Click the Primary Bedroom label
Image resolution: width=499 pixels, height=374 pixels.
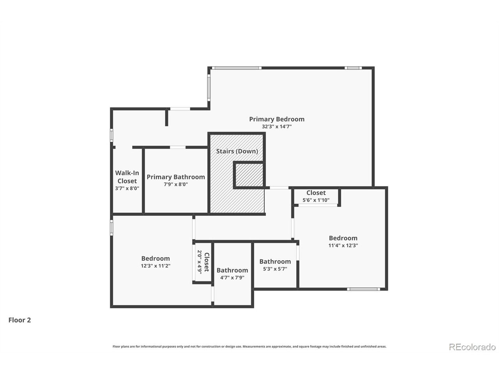click(276, 119)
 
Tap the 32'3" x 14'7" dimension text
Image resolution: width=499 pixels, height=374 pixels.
click(276, 127)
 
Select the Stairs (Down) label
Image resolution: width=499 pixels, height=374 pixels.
click(237, 151)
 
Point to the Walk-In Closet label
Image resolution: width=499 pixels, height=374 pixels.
click(127, 177)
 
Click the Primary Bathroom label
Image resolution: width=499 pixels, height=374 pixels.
click(175, 177)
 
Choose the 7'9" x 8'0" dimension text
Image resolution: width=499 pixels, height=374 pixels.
click(175, 184)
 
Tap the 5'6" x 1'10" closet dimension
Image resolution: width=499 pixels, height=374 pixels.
click(316, 200)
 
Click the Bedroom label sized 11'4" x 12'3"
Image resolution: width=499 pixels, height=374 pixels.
click(343, 238)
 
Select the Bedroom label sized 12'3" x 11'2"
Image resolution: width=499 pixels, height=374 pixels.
click(155, 258)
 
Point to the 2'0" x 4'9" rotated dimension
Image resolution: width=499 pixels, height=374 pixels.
click(199, 262)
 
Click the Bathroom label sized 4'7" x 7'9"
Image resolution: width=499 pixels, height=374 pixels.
click(232, 270)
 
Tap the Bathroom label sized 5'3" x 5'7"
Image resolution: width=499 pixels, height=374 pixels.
click(275, 261)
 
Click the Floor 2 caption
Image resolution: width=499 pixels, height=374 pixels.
click(19, 320)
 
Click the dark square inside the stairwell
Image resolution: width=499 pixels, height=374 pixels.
click(249, 175)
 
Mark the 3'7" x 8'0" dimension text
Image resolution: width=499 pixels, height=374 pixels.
click(127, 188)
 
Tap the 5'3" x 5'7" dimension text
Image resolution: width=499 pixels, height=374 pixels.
click(275, 269)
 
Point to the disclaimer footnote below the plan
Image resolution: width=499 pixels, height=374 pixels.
click(249, 346)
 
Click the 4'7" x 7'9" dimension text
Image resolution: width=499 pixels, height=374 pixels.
click(232, 277)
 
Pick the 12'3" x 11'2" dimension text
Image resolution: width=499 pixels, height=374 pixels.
click(155, 266)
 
